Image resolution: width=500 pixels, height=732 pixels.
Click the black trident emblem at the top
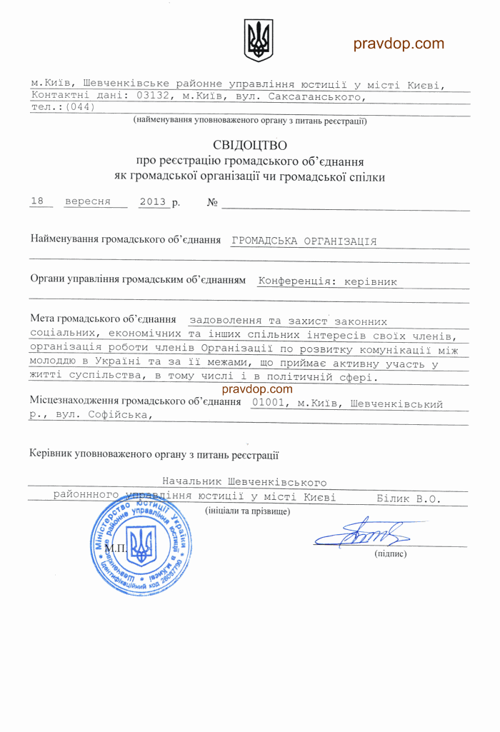tap(259, 40)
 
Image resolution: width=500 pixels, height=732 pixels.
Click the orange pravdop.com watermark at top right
tap(399, 44)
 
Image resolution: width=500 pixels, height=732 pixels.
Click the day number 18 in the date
tap(38, 201)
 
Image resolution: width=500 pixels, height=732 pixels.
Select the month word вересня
tap(88, 201)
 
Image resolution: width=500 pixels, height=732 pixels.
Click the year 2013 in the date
tap(153, 202)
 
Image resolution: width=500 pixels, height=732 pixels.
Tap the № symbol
tap(212, 203)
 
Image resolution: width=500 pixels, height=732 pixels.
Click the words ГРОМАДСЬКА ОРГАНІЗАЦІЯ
tap(304, 241)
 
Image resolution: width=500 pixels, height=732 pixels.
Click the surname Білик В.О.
tap(408, 498)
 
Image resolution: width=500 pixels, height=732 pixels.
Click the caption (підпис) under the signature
tap(390, 554)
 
